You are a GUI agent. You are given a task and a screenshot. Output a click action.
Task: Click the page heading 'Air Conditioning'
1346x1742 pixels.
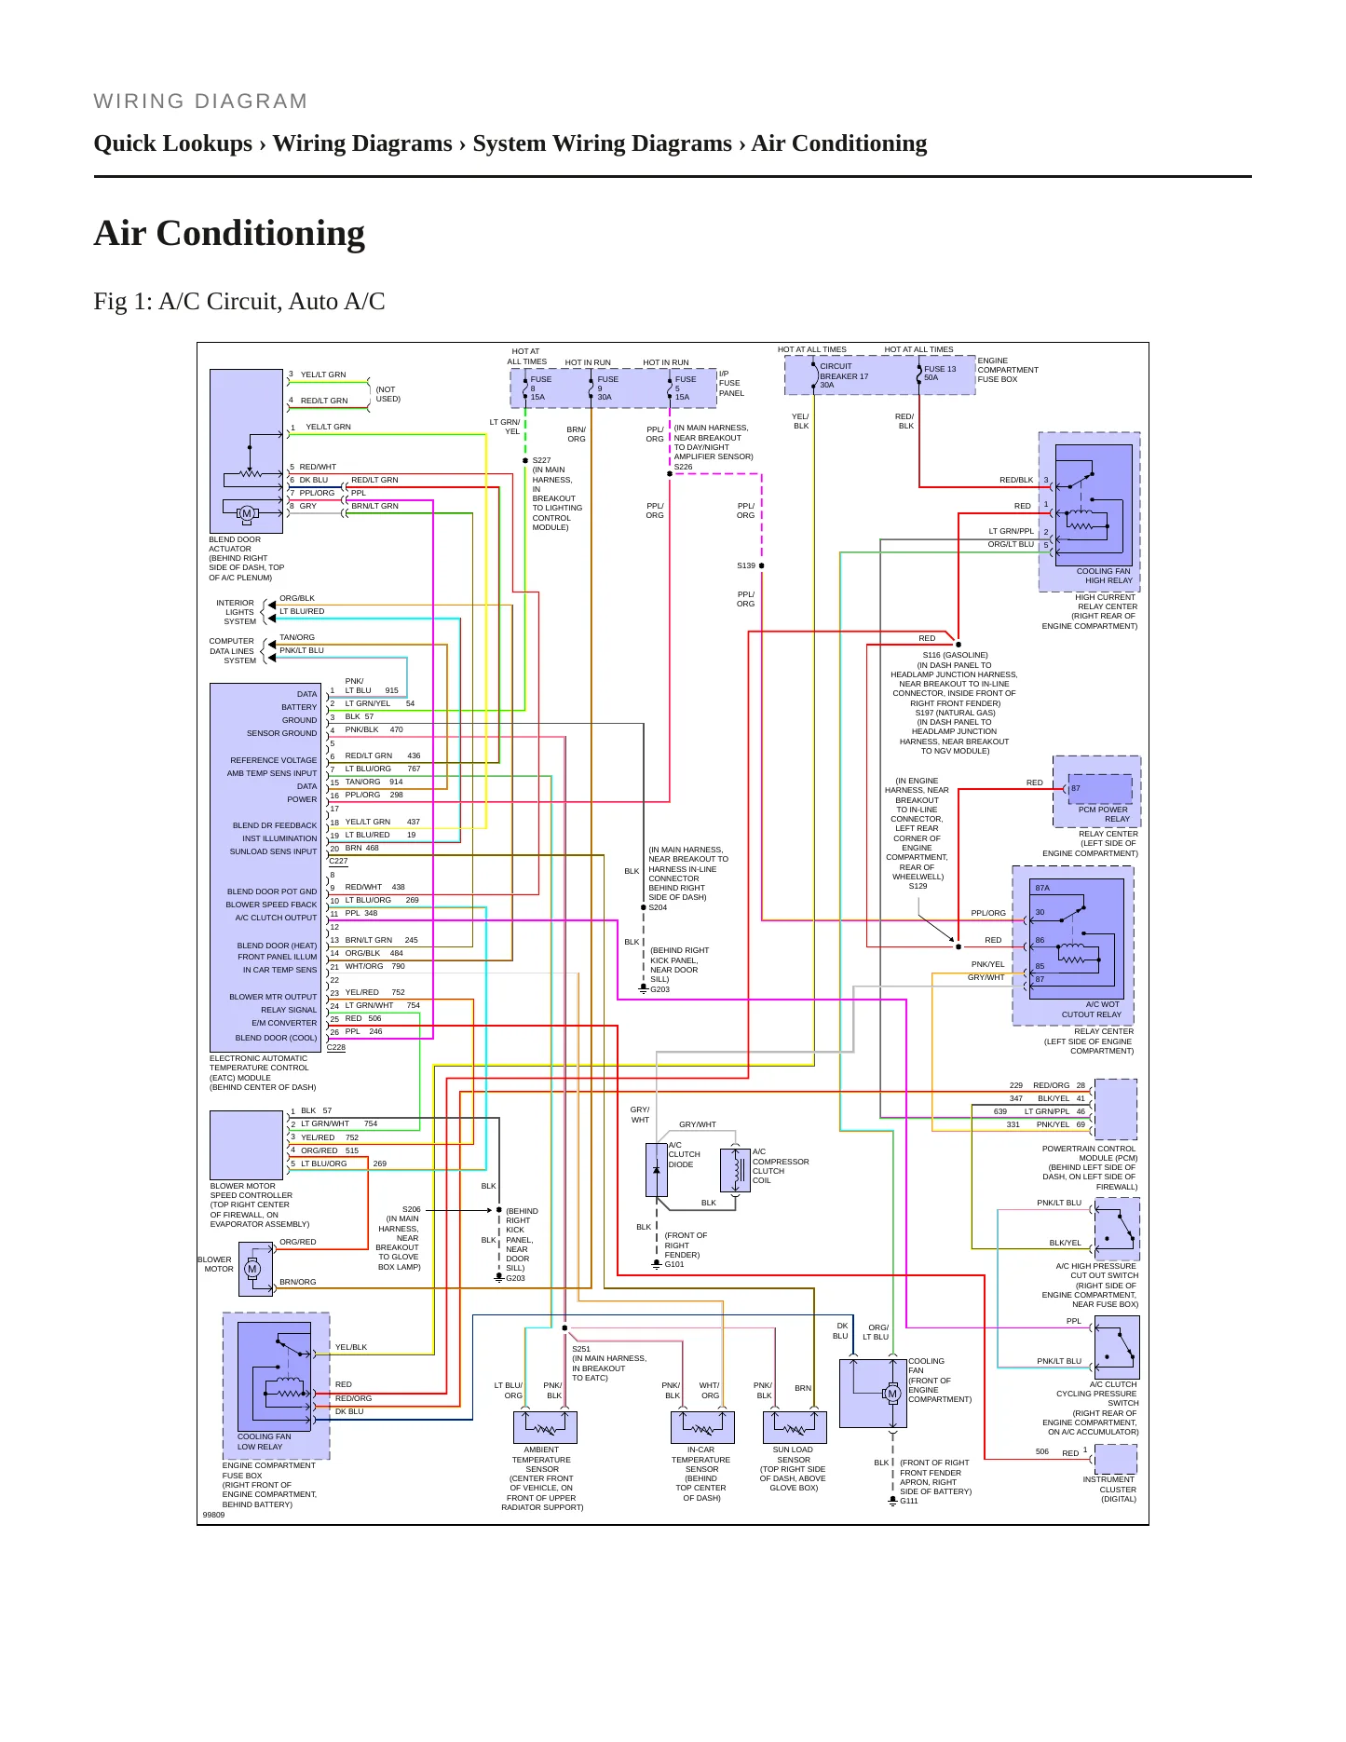229,233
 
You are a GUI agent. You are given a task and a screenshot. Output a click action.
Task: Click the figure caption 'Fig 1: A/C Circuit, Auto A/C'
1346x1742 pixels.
239,301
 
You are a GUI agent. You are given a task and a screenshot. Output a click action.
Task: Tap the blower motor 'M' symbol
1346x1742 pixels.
252,1269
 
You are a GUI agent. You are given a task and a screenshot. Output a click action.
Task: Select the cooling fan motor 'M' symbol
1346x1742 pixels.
892,1394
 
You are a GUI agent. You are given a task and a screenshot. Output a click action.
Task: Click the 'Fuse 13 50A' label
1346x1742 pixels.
940,373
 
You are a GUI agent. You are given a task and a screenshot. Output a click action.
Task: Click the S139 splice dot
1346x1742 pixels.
762,565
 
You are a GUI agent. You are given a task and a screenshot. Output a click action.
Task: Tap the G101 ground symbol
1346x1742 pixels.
657,1264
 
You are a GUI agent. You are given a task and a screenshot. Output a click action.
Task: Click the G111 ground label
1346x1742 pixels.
908,1501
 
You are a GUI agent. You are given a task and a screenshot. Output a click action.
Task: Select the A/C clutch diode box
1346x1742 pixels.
657,1170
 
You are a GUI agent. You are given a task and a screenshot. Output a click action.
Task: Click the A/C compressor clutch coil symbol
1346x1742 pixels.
735,1169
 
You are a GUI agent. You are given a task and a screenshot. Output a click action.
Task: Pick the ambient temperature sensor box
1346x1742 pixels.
545,1427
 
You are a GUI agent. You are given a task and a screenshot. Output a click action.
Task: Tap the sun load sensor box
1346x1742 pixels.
795,1427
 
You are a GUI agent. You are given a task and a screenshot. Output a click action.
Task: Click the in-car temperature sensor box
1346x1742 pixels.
702,1427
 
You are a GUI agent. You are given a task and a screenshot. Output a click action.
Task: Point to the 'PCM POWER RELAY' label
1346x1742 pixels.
1103,814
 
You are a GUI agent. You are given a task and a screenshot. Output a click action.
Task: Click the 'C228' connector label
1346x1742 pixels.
336,1047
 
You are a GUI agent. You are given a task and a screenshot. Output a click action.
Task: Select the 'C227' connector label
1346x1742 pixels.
338,861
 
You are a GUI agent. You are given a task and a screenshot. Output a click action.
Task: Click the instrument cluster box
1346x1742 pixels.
1116,1459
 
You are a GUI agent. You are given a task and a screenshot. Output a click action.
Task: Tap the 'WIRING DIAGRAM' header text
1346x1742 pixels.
200,102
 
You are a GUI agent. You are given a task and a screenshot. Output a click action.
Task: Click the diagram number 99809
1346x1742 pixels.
213,1515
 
